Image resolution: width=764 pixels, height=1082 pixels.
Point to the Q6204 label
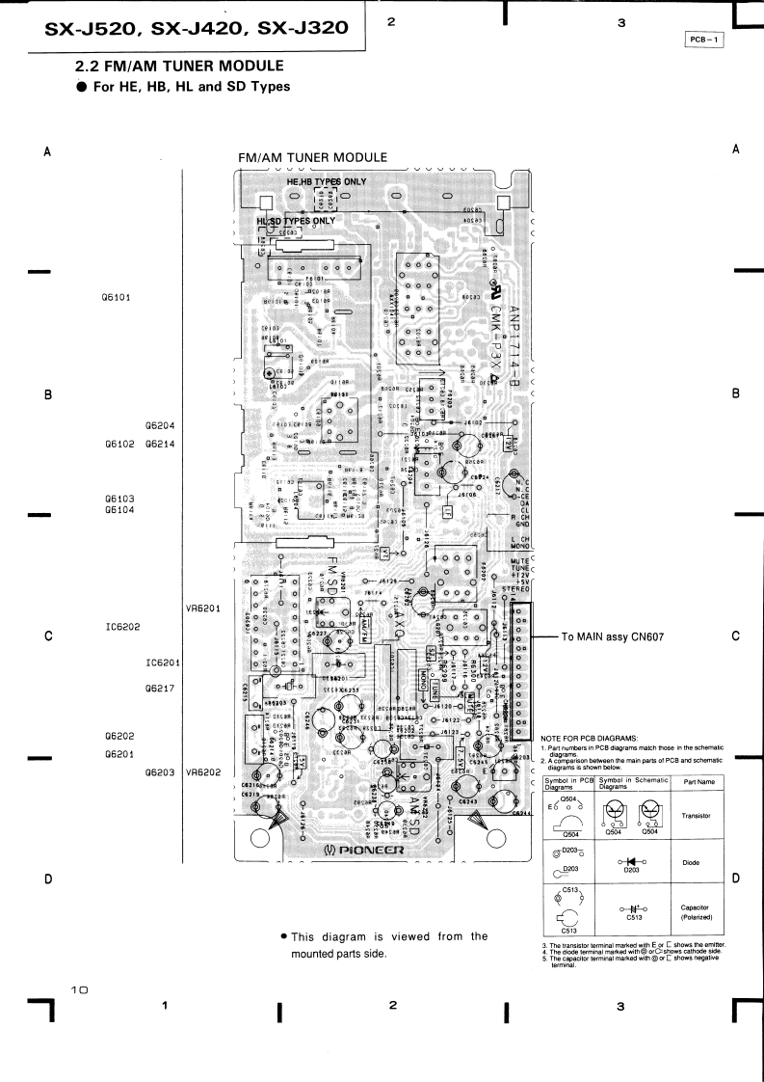(x=159, y=425)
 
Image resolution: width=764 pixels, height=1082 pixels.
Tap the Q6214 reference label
(x=159, y=445)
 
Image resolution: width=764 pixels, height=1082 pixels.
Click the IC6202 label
(x=124, y=627)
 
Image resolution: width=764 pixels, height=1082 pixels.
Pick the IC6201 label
(x=164, y=663)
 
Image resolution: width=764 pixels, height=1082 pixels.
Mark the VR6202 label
(x=203, y=772)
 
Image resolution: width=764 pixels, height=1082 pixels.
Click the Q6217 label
(x=159, y=690)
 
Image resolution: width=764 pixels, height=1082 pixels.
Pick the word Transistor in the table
(x=697, y=816)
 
